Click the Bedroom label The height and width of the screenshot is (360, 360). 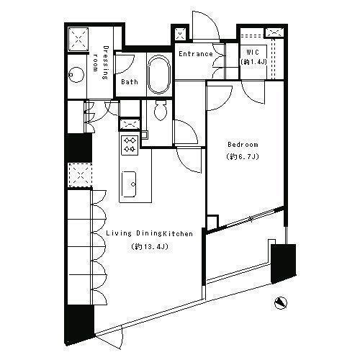[x=243, y=145]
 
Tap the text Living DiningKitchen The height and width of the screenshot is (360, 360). [x=150, y=233]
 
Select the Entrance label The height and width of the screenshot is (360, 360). [x=196, y=54]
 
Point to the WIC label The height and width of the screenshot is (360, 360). [x=253, y=52]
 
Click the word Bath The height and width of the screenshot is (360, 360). [x=130, y=82]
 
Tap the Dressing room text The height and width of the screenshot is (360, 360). [x=101, y=63]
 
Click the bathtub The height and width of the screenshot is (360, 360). [x=159, y=75]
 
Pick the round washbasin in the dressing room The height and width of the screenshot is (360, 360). [x=76, y=75]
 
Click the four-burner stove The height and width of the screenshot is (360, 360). [x=130, y=145]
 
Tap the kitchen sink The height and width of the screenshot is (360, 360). [x=130, y=184]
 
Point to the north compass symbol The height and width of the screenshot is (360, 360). [x=281, y=303]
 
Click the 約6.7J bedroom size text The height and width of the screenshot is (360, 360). [x=243, y=157]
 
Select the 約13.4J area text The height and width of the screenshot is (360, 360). [x=150, y=247]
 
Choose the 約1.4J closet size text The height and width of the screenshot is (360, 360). [x=253, y=62]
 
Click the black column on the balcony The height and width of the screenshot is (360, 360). [x=284, y=264]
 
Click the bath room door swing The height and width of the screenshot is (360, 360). [x=125, y=64]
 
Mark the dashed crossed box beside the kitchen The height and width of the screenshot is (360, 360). [x=80, y=175]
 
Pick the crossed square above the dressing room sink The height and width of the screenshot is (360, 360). [x=78, y=39]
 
